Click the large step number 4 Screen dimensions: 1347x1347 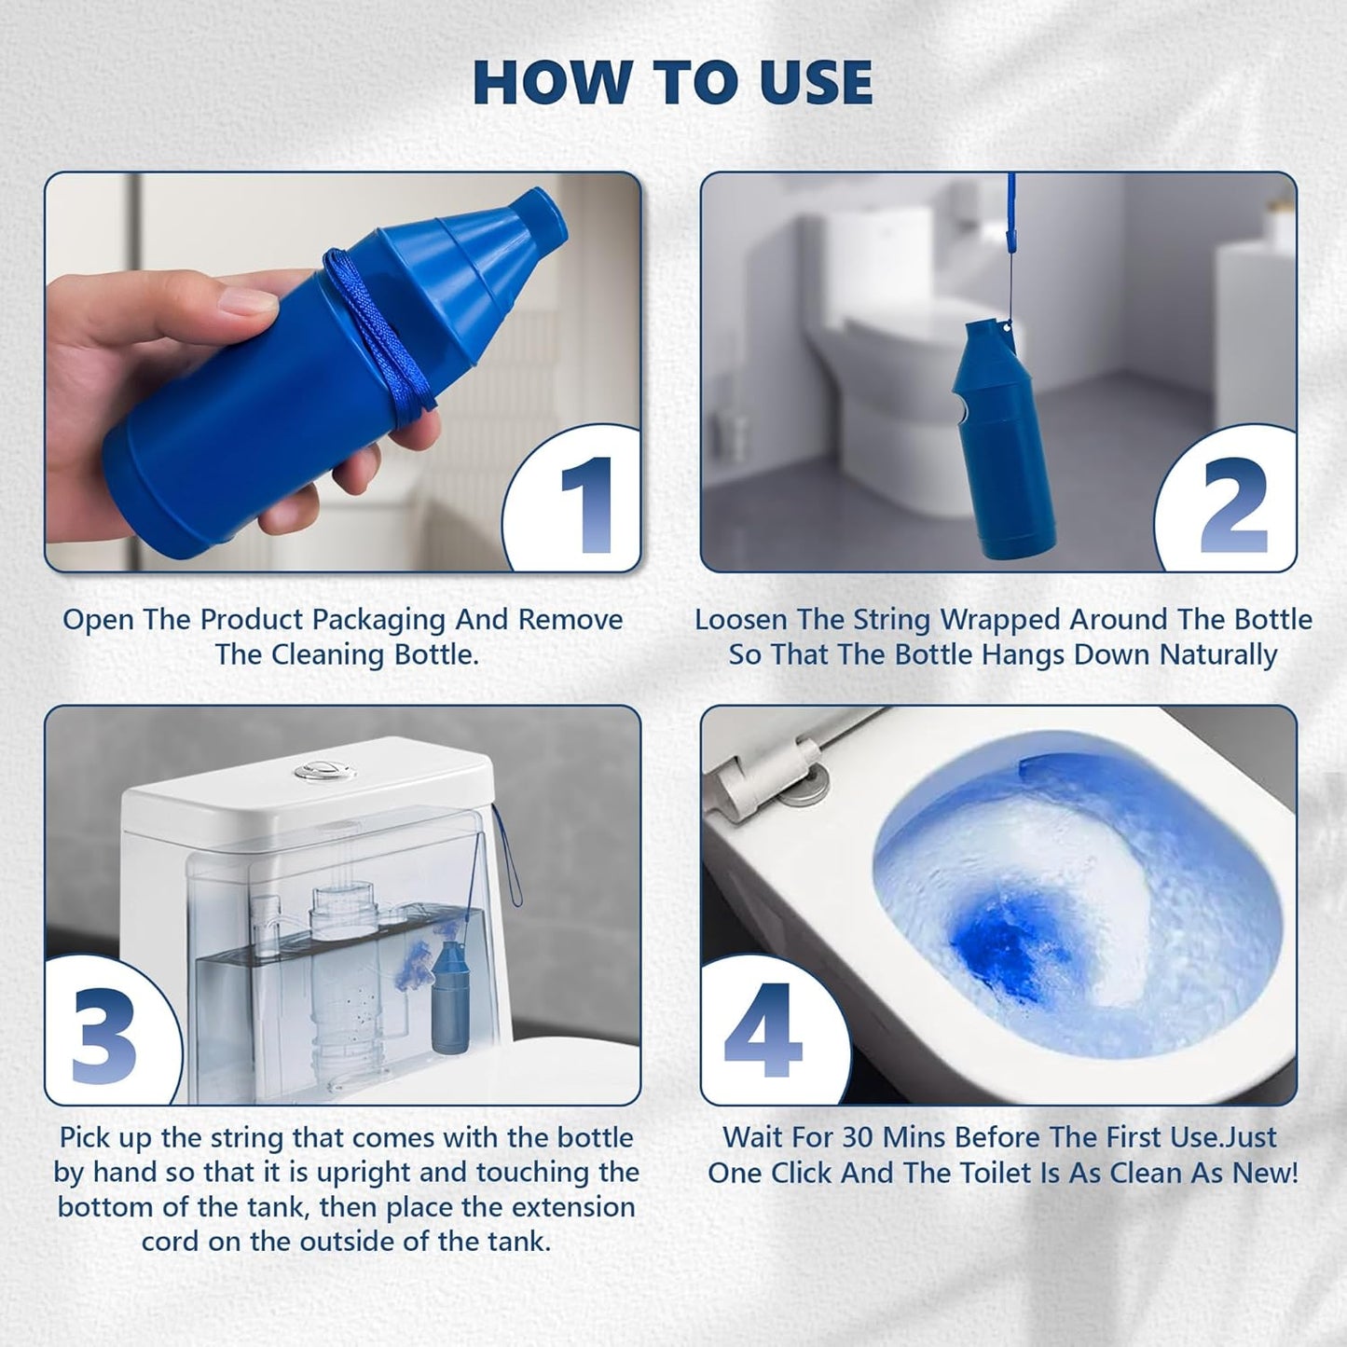tap(763, 1031)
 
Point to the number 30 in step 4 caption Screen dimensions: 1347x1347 tap(858, 1138)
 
